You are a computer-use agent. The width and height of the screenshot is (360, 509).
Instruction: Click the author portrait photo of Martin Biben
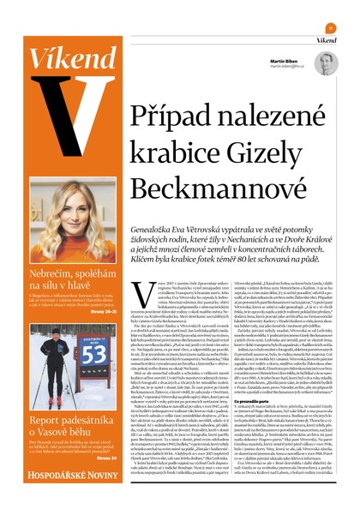point(324,63)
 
